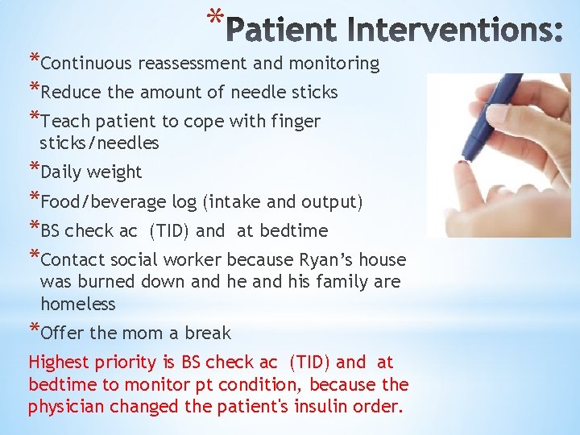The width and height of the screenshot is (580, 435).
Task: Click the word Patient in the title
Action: tap(282, 31)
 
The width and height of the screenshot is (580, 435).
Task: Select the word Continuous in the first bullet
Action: tap(87, 64)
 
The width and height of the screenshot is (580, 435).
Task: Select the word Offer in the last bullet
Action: tap(60, 333)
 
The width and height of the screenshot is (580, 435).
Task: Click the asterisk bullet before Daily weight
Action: tap(33, 170)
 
